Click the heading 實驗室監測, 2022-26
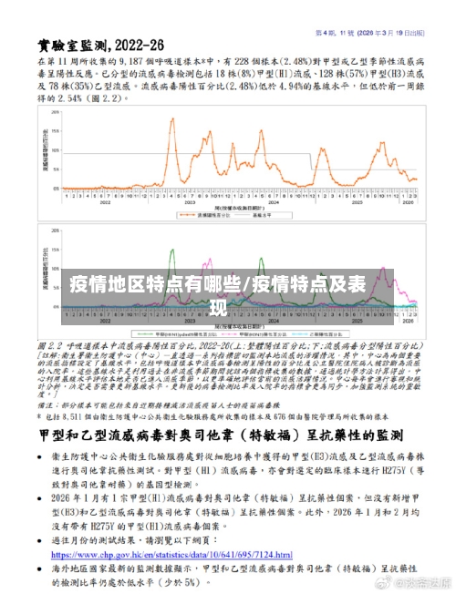[102, 45]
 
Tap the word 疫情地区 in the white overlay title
[100, 284]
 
